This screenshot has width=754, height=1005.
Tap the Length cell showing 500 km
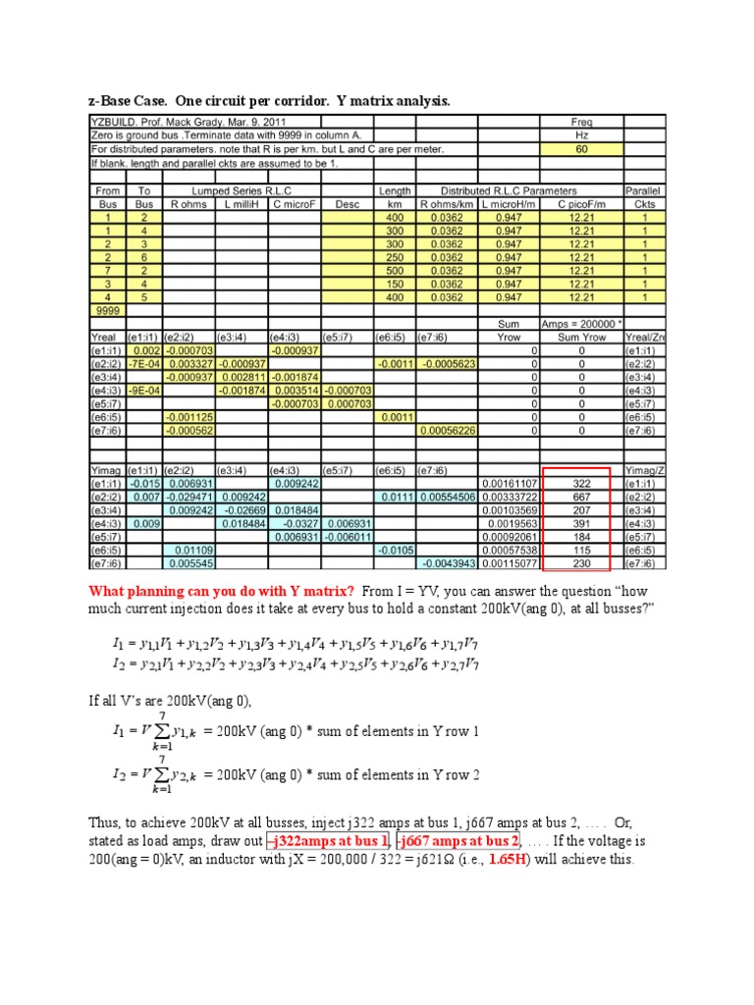tap(394, 270)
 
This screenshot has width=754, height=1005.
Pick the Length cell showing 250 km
tap(394, 256)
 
